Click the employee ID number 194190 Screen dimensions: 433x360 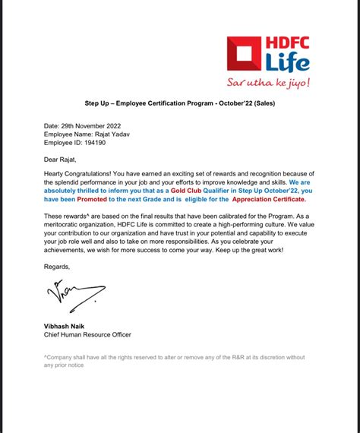(x=101, y=141)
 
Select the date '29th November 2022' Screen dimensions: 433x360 (x=93, y=125)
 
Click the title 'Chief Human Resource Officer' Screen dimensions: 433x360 (x=87, y=334)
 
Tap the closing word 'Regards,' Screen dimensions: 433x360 (x=57, y=267)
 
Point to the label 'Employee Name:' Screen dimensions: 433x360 (x=69, y=133)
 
